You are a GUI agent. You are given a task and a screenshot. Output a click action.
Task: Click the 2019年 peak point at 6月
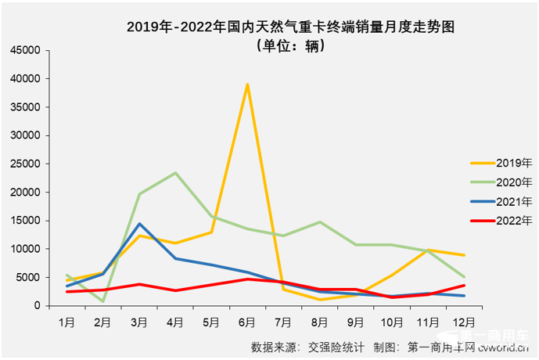247,85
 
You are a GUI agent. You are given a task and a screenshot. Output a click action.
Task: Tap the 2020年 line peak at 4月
175,173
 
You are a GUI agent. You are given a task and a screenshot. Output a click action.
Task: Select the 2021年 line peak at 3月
139,224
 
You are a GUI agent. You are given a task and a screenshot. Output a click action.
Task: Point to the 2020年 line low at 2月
103,301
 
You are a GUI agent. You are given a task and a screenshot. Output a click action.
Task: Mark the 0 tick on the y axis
37,306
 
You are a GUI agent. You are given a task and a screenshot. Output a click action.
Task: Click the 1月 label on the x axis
67,321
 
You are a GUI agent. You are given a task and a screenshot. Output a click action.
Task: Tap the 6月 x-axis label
247,321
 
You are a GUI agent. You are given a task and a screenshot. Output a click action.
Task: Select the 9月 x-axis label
355,321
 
